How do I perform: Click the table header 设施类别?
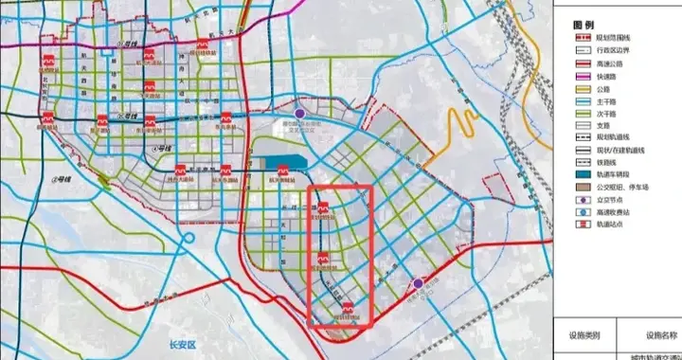[583, 334]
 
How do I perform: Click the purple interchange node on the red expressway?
[418, 282]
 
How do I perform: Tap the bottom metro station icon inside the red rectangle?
[348, 307]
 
